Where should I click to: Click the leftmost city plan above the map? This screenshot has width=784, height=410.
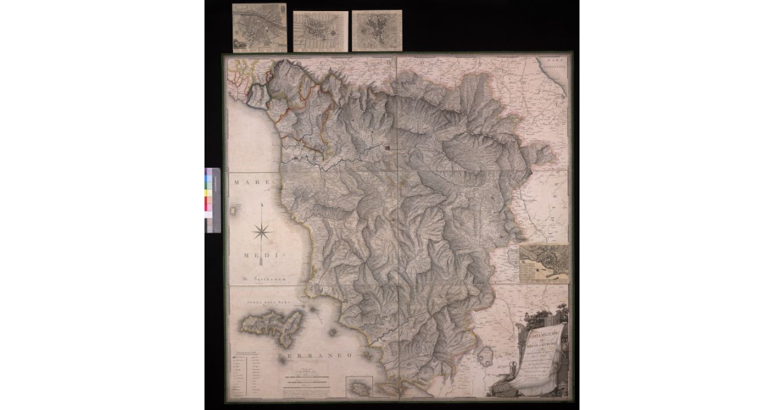point(259,27)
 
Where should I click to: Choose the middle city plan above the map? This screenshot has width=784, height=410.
point(320,31)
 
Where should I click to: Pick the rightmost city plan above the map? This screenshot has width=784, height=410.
point(377,31)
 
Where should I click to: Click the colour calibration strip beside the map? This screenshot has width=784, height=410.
point(212,199)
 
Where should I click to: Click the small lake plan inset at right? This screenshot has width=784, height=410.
point(544,263)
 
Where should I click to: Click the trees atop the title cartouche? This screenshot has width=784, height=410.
point(534,317)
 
